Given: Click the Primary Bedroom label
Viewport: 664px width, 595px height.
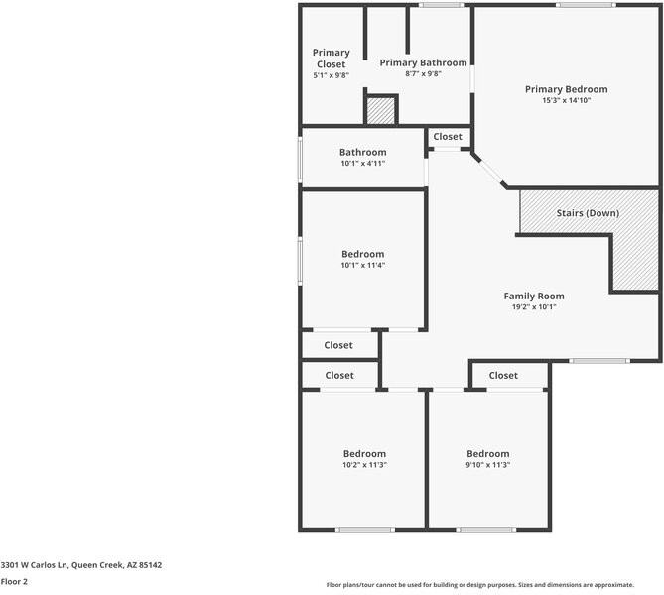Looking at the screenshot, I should tap(566, 89).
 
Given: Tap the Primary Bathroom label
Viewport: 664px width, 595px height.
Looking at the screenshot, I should tap(423, 62).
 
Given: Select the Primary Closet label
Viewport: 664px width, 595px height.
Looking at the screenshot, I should tap(331, 59).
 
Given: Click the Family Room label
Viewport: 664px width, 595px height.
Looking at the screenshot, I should tap(534, 296).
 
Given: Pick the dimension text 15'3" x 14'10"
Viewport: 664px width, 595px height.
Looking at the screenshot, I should tap(566, 101).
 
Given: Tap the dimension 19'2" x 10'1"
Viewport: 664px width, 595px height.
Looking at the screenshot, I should tap(534, 307).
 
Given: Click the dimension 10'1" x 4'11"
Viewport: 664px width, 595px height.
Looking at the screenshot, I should tap(362, 164).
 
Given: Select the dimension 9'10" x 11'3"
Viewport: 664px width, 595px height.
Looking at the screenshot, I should tap(487, 465).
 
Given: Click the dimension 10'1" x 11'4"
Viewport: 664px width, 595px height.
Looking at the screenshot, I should tap(362, 265).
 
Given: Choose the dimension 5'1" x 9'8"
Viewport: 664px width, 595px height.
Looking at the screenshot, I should tap(331, 76).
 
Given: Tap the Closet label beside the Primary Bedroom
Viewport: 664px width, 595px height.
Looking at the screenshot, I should tap(448, 137).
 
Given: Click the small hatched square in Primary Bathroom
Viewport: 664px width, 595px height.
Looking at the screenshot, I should tap(380, 110).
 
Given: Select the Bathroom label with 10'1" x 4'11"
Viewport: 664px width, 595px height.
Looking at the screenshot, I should tap(362, 152).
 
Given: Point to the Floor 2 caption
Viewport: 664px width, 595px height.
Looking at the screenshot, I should tap(14, 582).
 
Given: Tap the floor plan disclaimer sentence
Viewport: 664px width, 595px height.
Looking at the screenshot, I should tap(492, 584).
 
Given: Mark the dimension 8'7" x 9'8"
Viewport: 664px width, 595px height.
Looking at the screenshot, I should tap(423, 74).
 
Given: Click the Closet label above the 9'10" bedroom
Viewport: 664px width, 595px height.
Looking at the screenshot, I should tap(503, 375).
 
